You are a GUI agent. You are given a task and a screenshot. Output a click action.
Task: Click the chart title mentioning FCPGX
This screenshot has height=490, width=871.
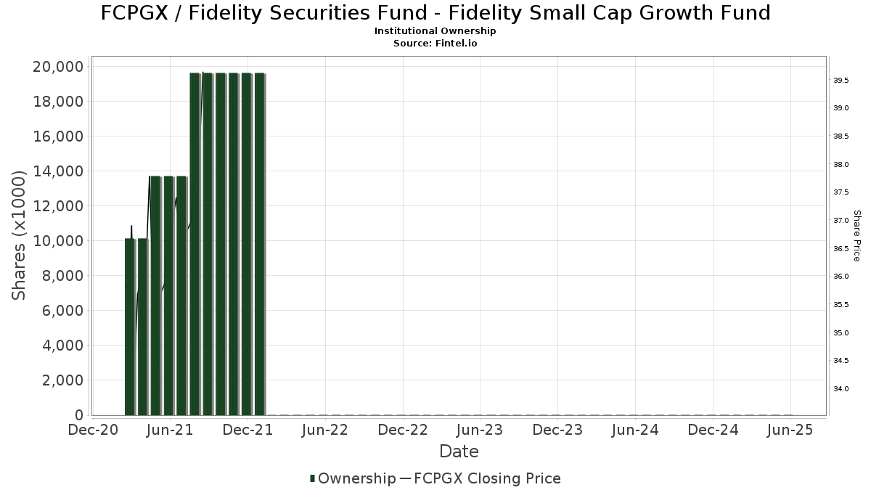[435, 13]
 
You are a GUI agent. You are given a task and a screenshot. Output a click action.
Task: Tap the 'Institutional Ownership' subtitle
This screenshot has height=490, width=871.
[435, 31]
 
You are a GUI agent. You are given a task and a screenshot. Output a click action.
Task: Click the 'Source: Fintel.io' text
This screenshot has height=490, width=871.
[435, 43]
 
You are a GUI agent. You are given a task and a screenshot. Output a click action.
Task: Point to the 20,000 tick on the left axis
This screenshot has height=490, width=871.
[59, 67]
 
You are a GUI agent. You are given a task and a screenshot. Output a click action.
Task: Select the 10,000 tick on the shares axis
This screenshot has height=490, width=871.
[59, 241]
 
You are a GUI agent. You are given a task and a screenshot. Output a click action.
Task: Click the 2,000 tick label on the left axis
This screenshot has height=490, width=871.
[62, 380]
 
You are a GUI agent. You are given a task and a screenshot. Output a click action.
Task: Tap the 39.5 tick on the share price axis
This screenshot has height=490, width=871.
[841, 80]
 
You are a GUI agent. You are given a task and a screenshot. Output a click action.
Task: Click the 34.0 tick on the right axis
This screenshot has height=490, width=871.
[841, 389]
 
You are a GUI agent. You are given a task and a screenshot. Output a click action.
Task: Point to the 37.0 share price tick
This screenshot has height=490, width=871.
[841, 221]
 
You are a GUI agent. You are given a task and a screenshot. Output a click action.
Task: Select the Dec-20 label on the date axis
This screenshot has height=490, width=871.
[93, 430]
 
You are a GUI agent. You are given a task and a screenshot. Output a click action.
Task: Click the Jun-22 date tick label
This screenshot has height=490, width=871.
[326, 430]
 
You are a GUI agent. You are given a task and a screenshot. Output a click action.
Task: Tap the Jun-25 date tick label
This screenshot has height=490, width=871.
[790, 430]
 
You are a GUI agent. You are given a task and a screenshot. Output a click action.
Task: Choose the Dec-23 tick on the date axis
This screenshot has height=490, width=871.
[558, 430]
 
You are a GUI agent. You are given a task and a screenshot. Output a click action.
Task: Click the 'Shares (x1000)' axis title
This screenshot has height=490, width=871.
[20, 235]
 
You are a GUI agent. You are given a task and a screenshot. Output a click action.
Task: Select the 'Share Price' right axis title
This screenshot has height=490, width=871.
[856, 236]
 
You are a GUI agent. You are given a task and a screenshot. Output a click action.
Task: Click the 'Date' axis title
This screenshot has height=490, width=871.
[459, 452]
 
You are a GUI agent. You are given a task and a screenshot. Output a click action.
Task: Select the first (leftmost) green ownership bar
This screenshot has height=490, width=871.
[130, 327]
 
